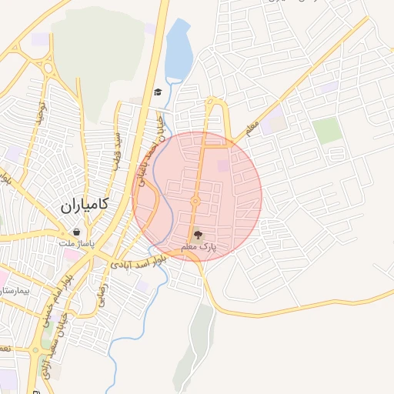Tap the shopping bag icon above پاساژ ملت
[76, 231]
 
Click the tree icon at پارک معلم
[198, 236]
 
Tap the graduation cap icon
[158, 92]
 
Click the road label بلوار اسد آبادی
[138, 262]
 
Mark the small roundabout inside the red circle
[195, 201]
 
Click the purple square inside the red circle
[223, 165]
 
